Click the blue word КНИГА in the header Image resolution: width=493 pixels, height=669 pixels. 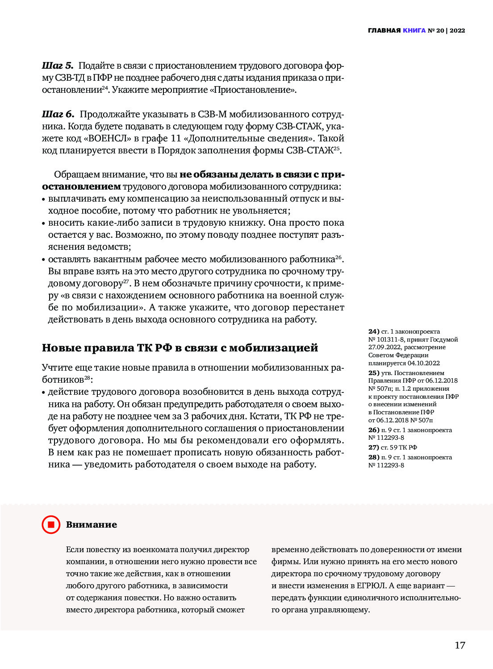pos(414,31)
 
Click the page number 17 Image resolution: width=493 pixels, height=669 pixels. pos(460,645)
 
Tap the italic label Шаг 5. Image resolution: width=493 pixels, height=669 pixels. pos(58,66)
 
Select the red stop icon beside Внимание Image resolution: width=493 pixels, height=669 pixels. pos(51,524)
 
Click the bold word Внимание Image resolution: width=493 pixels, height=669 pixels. pos(92,525)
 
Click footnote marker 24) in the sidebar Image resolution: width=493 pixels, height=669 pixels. pos(374,332)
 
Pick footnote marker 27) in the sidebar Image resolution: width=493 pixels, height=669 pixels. pos(374,447)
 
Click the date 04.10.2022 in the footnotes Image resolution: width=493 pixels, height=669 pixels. pos(423,363)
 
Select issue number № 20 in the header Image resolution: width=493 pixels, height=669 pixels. pos(436,31)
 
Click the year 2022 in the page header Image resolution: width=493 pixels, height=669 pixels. pos(457,31)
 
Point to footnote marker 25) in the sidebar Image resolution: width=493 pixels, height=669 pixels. pos(374,373)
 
